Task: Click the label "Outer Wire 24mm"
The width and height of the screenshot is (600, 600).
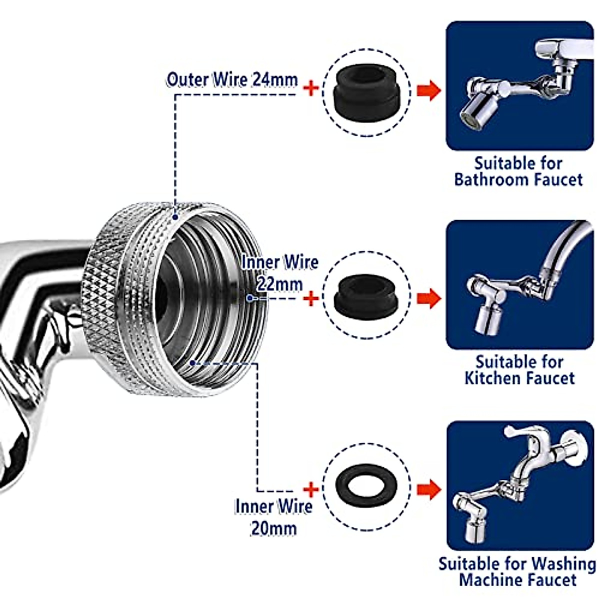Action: (232, 80)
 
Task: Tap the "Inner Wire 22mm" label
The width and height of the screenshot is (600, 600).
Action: (279, 273)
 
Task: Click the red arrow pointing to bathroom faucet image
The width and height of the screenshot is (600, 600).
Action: (428, 90)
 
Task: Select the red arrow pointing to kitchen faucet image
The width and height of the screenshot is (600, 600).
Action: (428, 298)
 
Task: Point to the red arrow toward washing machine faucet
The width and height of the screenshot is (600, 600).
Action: (428, 489)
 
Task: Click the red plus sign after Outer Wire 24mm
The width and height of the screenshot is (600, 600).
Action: (311, 89)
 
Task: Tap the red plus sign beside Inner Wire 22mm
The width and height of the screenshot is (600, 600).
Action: (311, 299)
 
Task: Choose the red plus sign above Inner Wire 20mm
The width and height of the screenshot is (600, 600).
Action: (311, 489)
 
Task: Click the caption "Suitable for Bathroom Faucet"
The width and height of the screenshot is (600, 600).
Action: (518, 171)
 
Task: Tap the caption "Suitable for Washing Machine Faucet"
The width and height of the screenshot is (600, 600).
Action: (517, 571)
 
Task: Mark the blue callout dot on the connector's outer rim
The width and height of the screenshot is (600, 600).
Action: (175, 217)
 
